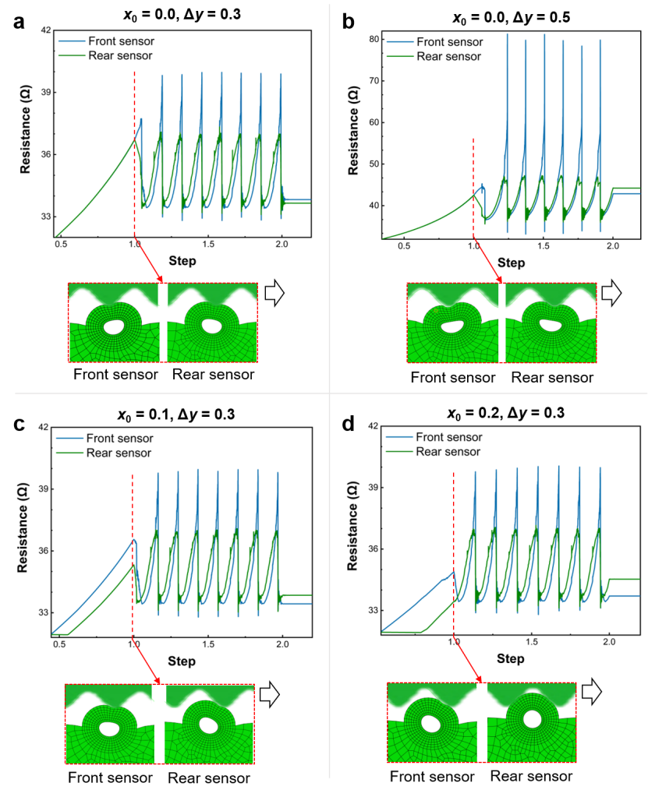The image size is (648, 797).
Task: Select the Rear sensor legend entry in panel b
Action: pyautogui.click(x=448, y=56)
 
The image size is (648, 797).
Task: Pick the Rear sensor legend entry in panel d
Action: pyautogui.click(x=448, y=451)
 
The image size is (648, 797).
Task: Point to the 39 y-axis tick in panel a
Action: pyautogui.click(x=44, y=93)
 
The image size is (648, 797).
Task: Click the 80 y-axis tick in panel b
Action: pyautogui.click(x=374, y=39)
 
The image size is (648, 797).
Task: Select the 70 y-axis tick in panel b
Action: pyautogui.click(x=374, y=81)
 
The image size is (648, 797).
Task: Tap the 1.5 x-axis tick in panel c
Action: pyautogui.click(x=207, y=646)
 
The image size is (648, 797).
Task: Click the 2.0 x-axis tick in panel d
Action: pyautogui.click(x=609, y=643)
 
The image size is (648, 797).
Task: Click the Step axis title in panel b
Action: pyautogui.click(x=511, y=263)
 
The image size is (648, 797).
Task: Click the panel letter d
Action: pyautogui.click(x=348, y=425)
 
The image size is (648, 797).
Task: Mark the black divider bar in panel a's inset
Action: pyautogui.click(x=163, y=323)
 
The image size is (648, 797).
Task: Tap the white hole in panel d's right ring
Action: pyautogui.click(x=533, y=718)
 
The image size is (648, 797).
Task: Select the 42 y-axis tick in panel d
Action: pyautogui.click(x=373, y=426)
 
